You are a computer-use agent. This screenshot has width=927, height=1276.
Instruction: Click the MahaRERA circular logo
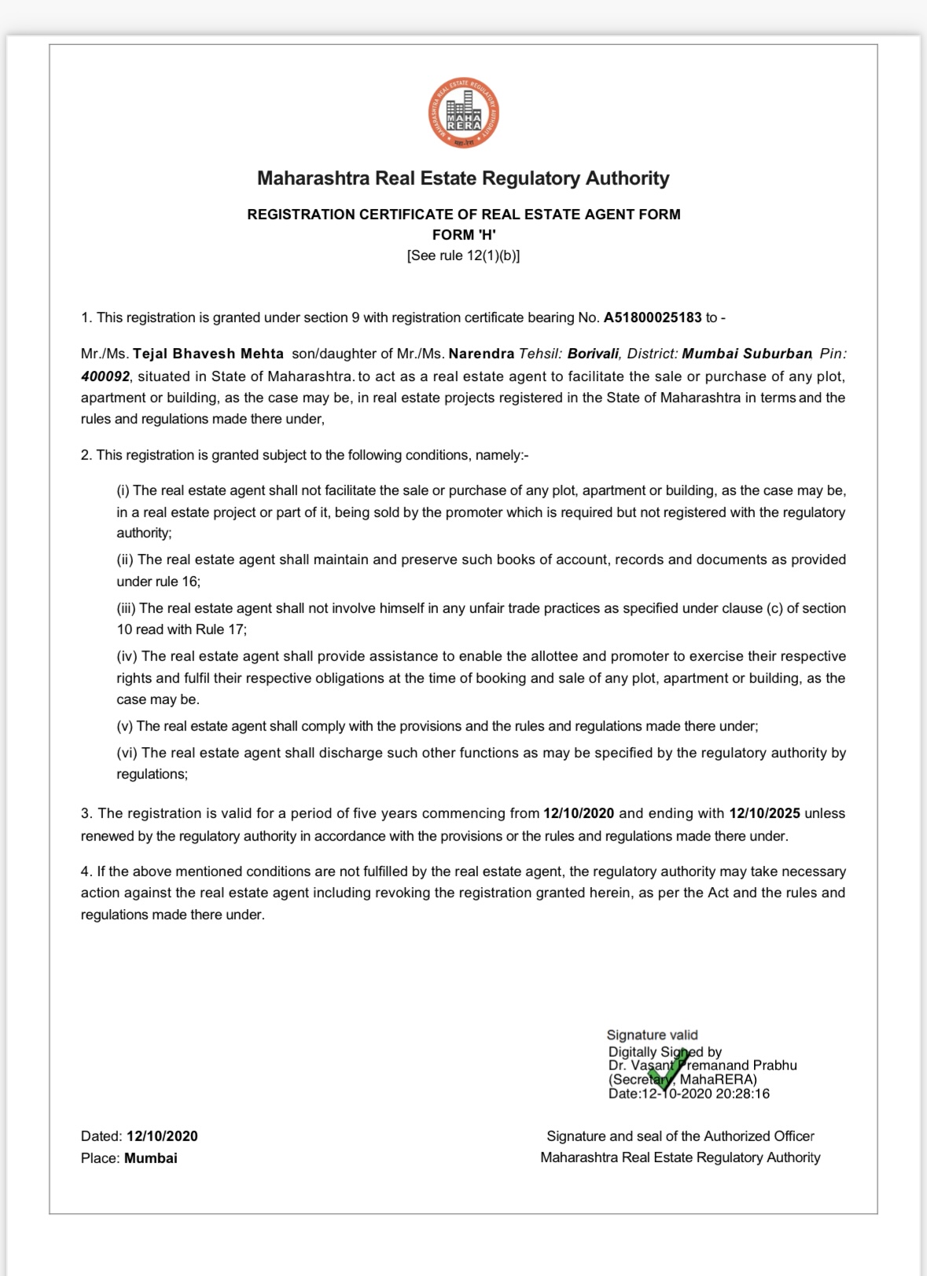pos(463,114)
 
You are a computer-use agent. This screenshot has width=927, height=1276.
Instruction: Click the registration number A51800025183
pos(652,317)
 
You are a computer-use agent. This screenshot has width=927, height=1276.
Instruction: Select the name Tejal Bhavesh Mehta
pos(208,354)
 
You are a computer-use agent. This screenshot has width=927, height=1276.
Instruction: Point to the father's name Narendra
pos(481,354)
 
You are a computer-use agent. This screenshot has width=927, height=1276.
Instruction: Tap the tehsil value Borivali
pos(593,354)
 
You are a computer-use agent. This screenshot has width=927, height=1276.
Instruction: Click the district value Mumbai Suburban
pos(746,354)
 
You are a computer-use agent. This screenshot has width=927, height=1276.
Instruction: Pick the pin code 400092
pos(105,376)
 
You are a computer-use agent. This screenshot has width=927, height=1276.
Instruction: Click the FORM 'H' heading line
pos(463,235)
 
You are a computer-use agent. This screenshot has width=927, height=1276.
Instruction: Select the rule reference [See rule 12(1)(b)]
pos(463,255)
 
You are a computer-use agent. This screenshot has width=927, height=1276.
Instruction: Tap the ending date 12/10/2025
pos(764,813)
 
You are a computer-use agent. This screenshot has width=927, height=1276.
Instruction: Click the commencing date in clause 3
pos(578,813)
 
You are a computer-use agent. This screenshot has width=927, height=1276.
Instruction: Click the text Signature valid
pos(652,1035)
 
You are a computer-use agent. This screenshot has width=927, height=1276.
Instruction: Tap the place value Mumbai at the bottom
pos(151,1158)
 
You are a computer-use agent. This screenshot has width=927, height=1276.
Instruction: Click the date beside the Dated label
pos(162,1136)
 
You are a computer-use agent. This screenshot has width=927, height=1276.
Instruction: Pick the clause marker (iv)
pos(127,656)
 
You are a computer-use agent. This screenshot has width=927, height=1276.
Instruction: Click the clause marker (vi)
pos(127,753)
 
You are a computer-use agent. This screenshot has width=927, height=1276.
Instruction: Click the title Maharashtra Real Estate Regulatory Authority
pos(463,178)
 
